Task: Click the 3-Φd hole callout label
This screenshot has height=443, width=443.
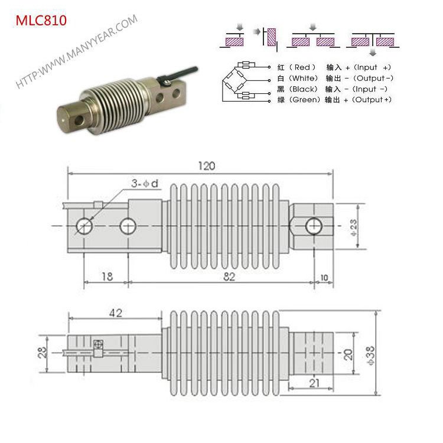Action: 144,184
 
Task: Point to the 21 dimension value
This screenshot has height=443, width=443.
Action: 314,383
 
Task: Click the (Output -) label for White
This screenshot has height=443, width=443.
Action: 374,77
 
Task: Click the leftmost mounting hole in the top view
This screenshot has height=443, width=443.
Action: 84,225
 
